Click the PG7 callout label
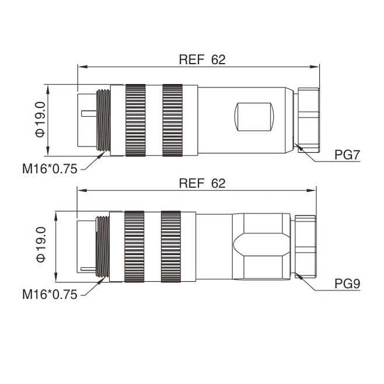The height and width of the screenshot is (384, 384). (x=347, y=155)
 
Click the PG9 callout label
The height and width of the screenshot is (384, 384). (x=347, y=284)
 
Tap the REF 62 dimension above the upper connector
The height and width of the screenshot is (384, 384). (x=202, y=60)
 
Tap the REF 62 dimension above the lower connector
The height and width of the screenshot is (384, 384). (x=202, y=183)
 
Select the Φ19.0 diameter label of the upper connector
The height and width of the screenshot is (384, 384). (x=40, y=120)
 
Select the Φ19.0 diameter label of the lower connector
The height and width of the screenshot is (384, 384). (x=41, y=245)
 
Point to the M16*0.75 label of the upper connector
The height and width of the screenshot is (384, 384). (x=50, y=169)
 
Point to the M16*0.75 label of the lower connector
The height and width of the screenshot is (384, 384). (x=50, y=294)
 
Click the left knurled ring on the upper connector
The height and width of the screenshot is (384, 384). (x=135, y=120)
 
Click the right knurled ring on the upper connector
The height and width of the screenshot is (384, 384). (x=172, y=120)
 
